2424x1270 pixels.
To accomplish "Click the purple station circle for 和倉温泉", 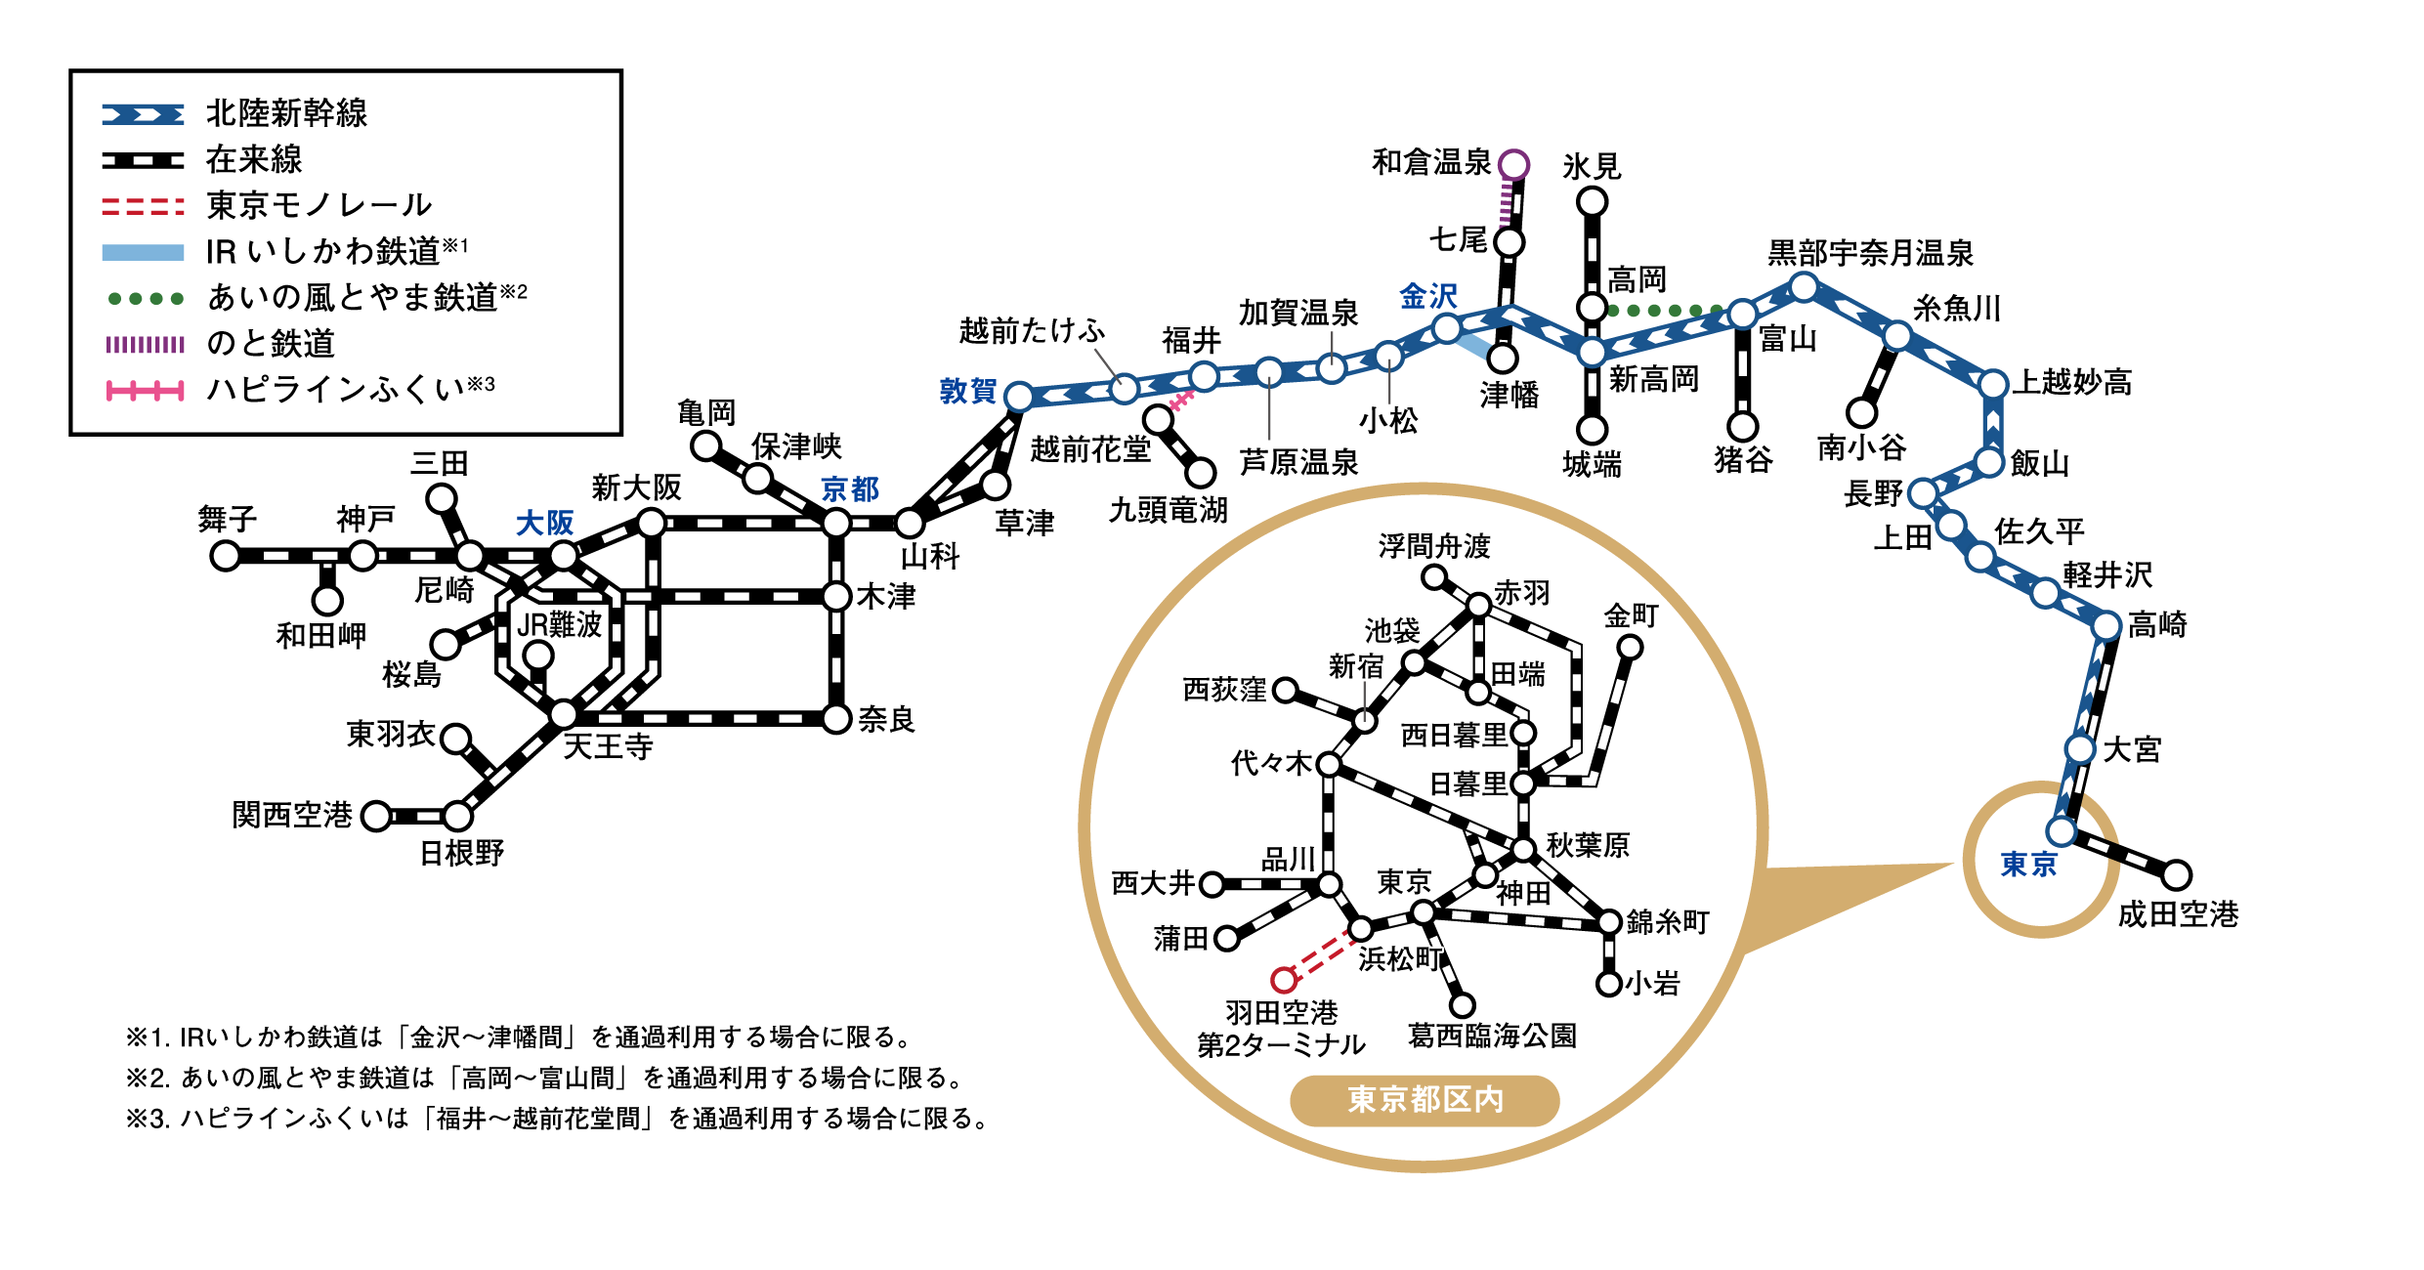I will pos(1513,164).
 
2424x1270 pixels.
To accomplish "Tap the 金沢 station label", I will pos(1428,296).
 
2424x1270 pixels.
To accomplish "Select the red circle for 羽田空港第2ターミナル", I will pos(1284,980).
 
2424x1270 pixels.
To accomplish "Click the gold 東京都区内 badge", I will pos(1425,1100).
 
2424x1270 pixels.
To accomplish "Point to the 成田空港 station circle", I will pos(2177,874).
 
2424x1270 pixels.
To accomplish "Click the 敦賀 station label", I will pos(967,391).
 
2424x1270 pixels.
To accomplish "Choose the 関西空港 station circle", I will pos(376,816).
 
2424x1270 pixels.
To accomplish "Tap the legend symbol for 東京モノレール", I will pos(144,206).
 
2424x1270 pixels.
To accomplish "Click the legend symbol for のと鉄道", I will pos(144,344).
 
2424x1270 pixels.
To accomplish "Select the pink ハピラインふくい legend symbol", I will pos(144,392).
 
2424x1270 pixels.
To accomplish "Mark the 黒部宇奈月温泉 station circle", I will pos(1804,287).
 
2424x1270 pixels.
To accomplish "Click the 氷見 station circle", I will pos(1593,202).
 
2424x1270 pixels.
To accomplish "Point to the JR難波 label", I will pos(559,624).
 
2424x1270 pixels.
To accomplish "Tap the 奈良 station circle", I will pos(836,719).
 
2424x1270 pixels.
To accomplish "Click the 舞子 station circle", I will pos(226,556).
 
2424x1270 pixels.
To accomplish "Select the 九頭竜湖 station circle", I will pos(1201,473).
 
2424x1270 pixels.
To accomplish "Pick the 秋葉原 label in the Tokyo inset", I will pos(1588,845).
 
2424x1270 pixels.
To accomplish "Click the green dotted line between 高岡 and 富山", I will pos(1665,311).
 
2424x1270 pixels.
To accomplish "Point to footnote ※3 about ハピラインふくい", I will pos(557,1118).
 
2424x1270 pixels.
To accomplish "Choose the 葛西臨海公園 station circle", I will pos(1463,1004).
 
